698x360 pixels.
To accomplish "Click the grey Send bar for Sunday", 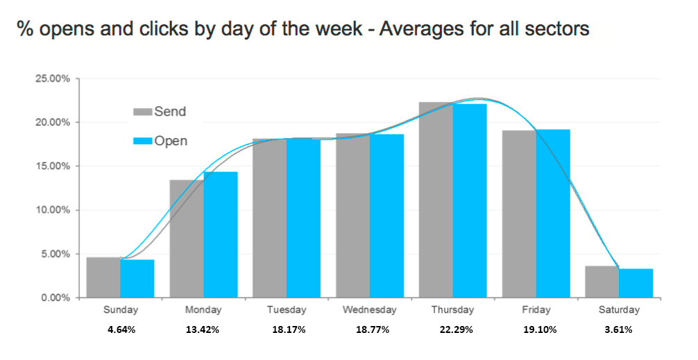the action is (103, 277).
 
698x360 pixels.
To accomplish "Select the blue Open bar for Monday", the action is (221, 234).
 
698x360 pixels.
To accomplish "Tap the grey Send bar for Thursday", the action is (436, 200).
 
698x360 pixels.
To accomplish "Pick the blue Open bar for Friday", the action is (553, 214).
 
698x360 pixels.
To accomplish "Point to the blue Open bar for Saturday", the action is (636, 283).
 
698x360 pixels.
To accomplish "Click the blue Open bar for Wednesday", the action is (387, 216).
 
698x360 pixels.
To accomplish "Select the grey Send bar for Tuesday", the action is (270, 218).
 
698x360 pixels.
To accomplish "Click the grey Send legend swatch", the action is (143, 111).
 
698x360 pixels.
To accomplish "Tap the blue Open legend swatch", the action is (143, 141).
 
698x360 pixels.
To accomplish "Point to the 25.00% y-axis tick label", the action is (53, 79).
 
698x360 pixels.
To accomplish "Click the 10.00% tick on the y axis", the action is (53, 210).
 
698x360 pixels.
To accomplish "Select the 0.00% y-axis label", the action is (56, 298).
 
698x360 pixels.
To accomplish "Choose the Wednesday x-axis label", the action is (370, 310).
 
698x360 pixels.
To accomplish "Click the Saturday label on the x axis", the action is (619, 310).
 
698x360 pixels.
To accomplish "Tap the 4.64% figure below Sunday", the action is (121, 330).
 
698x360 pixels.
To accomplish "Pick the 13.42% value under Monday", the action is (203, 330).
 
